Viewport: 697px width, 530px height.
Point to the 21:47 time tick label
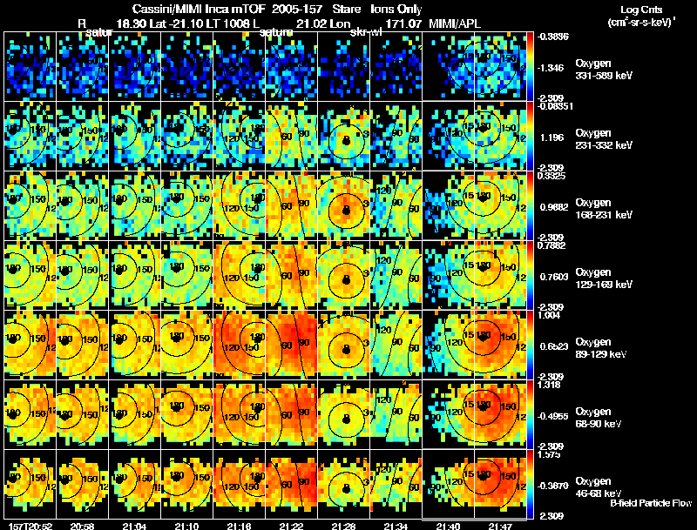coord(499,525)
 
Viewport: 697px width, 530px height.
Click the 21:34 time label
coord(395,525)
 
